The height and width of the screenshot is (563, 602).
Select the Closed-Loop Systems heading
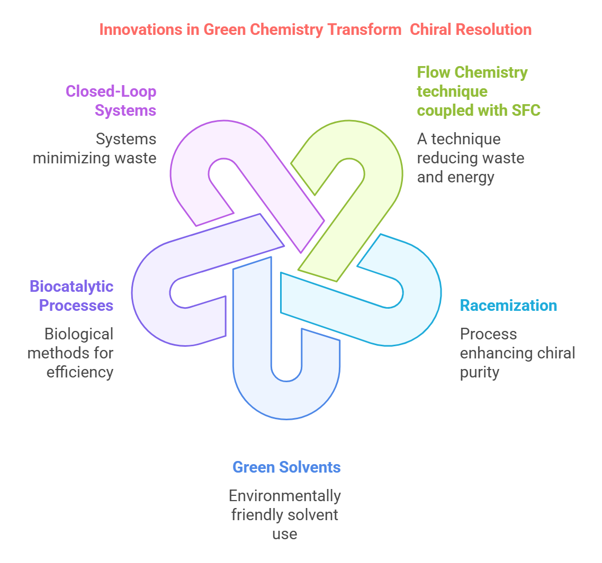point(111,100)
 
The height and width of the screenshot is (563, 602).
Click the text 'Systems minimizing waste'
point(95,149)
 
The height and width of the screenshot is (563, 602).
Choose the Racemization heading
point(508,306)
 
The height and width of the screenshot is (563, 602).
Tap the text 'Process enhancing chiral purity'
point(517,353)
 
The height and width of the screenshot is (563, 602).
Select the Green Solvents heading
point(286,467)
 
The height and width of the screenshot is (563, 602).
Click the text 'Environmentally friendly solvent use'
point(285,515)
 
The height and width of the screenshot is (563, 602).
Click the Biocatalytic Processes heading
point(71,296)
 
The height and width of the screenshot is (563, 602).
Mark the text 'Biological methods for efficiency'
point(71,353)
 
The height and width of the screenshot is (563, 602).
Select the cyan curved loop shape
point(418,317)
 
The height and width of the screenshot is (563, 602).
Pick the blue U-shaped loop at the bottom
point(252,370)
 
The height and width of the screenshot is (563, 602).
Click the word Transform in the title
point(364,30)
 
